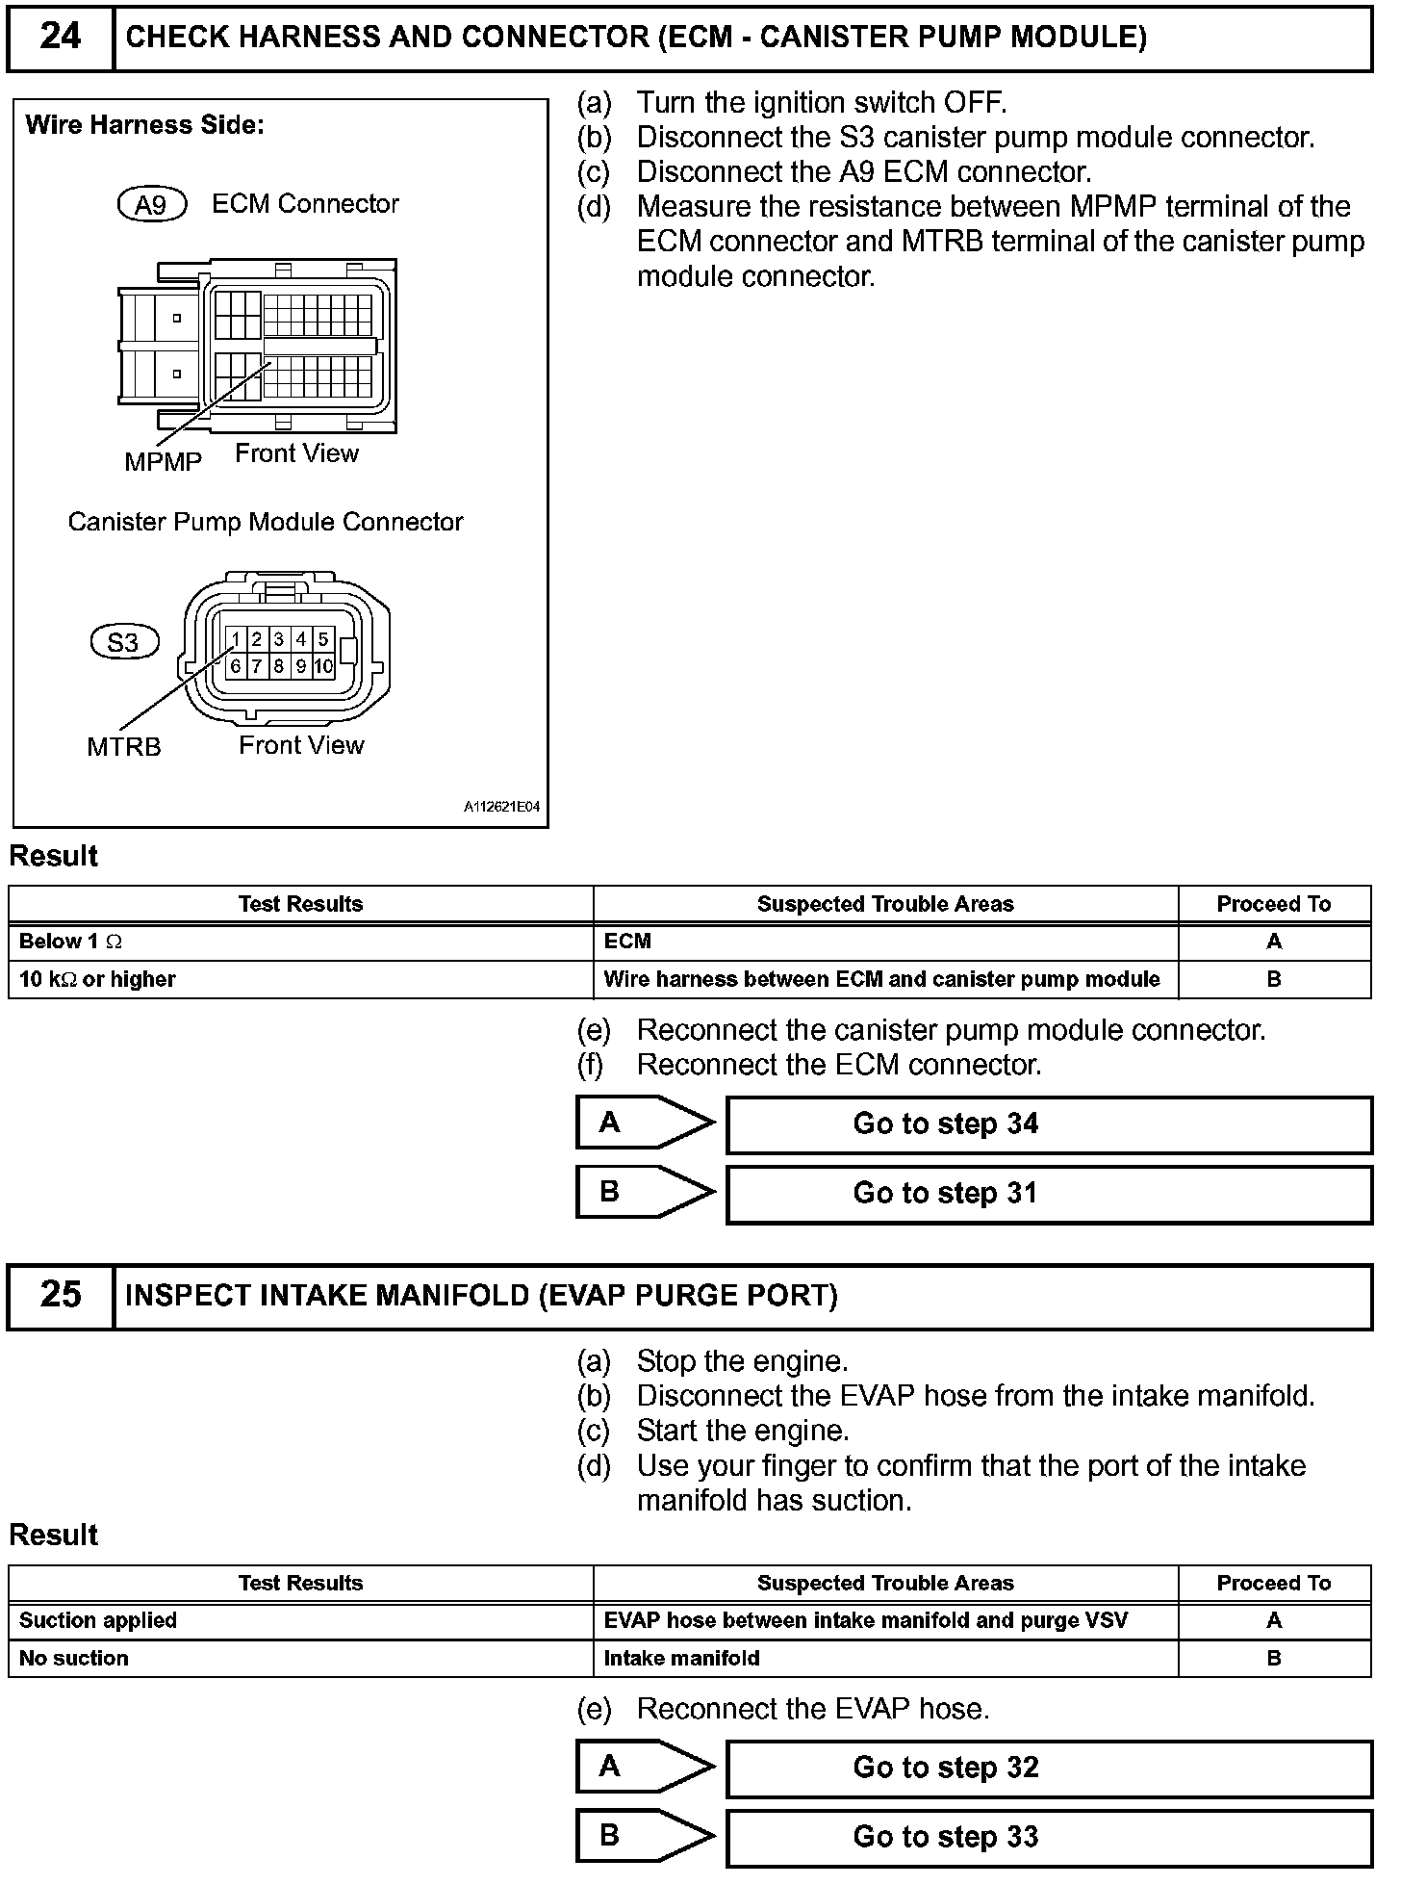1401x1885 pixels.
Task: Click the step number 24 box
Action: coord(60,38)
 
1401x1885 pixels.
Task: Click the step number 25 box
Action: coord(60,1295)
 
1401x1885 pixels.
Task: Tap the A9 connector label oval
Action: coord(151,204)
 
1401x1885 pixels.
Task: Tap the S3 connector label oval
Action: coord(123,642)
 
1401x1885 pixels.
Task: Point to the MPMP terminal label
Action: coord(163,462)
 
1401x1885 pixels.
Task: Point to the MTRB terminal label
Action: coord(124,747)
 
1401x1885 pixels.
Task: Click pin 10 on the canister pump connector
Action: coord(323,665)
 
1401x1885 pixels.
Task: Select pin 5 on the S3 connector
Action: coord(323,639)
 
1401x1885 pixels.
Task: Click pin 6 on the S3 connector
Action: coord(235,665)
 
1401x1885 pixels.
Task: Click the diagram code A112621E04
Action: coord(501,808)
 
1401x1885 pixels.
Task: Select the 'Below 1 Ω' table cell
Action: coord(300,942)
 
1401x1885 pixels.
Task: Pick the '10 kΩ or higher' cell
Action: coord(300,979)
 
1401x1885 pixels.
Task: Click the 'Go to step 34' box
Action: coord(1048,1123)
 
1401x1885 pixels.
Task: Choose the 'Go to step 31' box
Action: coord(1048,1193)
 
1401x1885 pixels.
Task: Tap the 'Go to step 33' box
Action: coord(1048,1837)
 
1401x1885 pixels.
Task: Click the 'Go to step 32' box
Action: coord(1048,1768)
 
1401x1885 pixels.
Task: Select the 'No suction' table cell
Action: coord(300,1658)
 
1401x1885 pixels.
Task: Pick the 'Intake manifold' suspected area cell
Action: coord(884,1658)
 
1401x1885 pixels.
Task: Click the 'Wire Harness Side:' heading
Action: coord(144,125)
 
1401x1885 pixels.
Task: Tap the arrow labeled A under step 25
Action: coord(645,1767)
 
